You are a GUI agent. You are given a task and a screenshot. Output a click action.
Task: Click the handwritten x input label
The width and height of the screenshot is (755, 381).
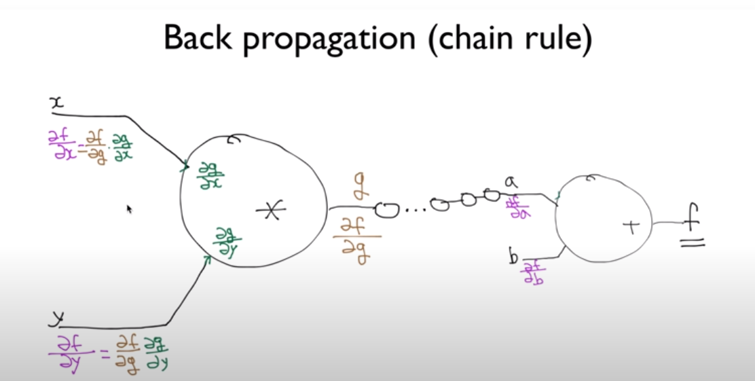[x=56, y=102]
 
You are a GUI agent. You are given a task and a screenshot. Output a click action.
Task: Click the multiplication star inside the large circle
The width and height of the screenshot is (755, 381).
[x=271, y=213]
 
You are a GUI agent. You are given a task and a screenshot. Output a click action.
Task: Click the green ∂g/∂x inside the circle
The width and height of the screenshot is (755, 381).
[x=207, y=175]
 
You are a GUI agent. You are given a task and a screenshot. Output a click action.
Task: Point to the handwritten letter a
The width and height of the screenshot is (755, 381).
[x=510, y=183]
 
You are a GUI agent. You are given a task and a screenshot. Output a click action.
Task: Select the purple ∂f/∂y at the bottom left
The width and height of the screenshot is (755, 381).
[x=66, y=354]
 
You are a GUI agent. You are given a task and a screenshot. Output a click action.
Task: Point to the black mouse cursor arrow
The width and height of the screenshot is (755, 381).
[x=129, y=209]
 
